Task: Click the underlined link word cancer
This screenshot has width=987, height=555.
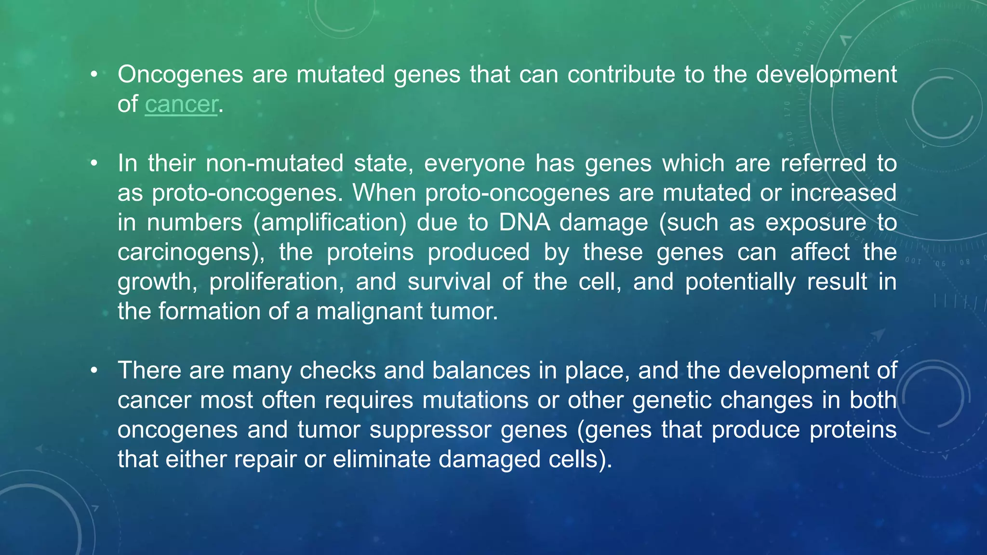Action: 181,105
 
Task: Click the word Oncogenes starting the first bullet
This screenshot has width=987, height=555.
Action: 180,75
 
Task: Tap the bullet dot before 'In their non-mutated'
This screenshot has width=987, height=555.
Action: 94,164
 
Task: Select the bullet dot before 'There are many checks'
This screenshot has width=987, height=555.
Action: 94,370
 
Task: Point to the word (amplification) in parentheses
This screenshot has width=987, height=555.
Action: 330,223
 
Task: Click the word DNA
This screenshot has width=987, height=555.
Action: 524,223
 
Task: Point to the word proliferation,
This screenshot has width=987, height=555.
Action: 277,282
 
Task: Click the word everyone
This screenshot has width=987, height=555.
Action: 474,164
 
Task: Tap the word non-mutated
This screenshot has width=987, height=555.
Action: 274,164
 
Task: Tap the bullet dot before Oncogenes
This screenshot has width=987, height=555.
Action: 94,75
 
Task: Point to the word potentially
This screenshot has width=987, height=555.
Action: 740,282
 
